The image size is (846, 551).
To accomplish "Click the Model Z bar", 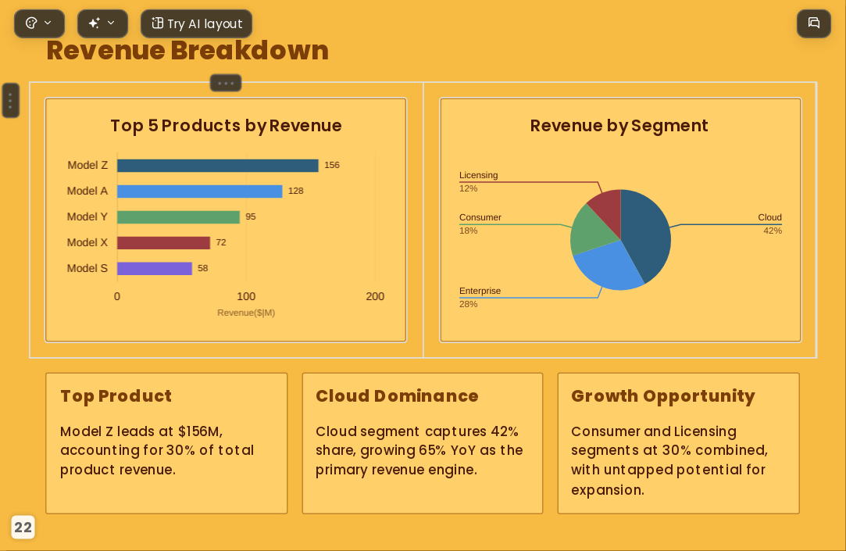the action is [217, 165].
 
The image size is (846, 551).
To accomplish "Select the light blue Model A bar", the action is [200, 191].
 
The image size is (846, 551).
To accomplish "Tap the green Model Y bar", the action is [178, 217].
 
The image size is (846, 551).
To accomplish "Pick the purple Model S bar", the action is [155, 268].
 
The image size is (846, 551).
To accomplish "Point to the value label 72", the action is [221, 242].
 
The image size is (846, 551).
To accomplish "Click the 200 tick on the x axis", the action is [375, 296].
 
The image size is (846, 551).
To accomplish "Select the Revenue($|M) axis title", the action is [246, 313].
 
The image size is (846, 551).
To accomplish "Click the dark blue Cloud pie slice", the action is [648, 232].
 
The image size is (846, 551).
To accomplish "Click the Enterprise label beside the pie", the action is [480, 291].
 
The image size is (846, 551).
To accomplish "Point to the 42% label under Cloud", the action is [773, 231].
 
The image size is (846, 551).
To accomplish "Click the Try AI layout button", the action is [196, 23].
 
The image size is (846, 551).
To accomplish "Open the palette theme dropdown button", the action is [39, 23].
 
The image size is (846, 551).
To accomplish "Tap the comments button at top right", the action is [814, 23].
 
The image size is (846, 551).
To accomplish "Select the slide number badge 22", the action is [23, 528].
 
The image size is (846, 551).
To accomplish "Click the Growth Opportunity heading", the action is [663, 396].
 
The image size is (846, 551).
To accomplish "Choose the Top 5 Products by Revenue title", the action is [226, 126].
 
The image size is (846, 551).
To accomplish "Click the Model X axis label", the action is [87, 242].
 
